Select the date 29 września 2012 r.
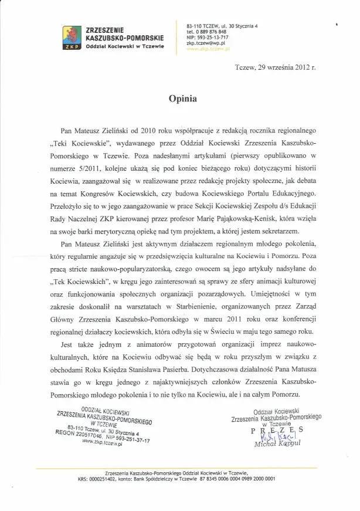point(288,68)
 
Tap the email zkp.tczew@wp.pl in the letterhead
point(204,43)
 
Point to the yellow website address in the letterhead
point(205,49)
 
